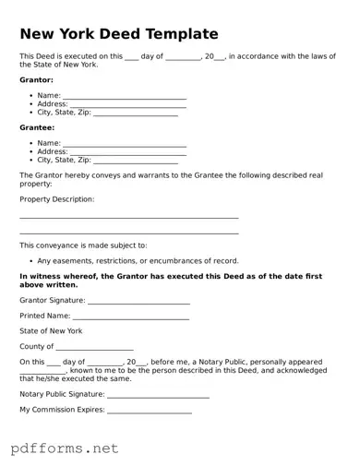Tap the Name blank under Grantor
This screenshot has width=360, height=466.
click(x=125, y=97)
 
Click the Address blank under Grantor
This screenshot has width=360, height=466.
click(x=128, y=105)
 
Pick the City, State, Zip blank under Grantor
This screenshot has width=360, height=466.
click(x=136, y=114)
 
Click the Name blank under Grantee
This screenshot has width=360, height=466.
click(x=125, y=144)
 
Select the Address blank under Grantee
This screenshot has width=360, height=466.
click(x=128, y=152)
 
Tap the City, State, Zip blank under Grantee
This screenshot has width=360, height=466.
click(x=136, y=161)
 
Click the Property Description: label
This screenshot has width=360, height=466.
click(x=57, y=198)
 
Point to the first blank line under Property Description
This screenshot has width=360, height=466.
click(x=129, y=218)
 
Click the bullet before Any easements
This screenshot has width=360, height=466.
click(x=30, y=260)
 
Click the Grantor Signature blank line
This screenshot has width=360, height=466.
click(x=138, y=302)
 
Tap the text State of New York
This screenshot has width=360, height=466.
click(x=52, y=330)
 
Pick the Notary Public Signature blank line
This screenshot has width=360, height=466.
click(x=159, y=396)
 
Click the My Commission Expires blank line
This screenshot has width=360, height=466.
click(x=150, y=412)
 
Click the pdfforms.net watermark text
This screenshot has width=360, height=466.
click(x=66, y=448)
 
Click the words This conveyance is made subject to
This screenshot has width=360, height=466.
click(x=84, y=245)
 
